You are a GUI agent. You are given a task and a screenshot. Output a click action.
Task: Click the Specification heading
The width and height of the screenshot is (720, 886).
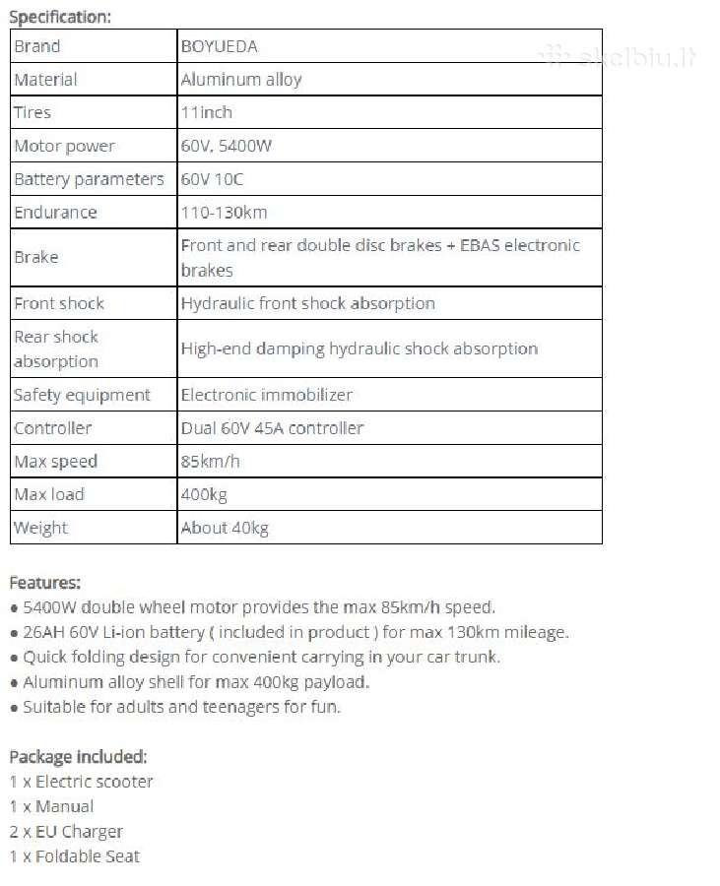coord(60,16)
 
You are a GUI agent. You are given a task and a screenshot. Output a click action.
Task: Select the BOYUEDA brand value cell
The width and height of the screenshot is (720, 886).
coord(220,46)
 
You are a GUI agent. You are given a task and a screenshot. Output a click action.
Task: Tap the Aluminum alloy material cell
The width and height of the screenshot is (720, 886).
coord(241,80)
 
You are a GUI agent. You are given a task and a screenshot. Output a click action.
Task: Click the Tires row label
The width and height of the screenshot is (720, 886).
coord(33,112)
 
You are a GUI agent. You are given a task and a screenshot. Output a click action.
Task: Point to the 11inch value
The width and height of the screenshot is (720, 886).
coord(207,112)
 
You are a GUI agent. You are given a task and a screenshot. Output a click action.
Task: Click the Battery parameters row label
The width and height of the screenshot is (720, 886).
coord(89,179)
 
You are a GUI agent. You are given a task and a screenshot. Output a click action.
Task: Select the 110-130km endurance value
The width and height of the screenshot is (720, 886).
coord(224,212)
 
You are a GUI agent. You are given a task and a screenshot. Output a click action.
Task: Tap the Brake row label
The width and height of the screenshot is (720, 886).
coord(36,257)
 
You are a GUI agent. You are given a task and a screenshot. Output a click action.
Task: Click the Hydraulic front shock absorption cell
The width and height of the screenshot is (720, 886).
coord(307,303)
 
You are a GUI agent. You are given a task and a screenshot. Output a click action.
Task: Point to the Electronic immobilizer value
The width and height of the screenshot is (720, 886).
coord(266,395)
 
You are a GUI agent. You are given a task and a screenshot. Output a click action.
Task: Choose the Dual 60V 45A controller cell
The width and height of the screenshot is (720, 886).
coord(272,428)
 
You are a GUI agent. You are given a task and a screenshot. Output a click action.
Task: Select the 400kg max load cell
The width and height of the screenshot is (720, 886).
coord(204,494)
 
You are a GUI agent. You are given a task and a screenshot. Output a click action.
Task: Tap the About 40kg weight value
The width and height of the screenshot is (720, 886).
coord(225,528)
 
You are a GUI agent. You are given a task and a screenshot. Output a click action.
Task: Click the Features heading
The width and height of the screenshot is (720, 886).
coord(45,582)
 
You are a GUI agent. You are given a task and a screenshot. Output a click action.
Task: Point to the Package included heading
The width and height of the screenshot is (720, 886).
coord(78,757)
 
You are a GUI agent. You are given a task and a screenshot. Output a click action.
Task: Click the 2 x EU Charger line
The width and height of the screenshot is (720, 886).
coord(66,831)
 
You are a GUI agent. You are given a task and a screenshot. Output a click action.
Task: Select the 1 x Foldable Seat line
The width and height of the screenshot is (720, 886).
coord(75,856)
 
